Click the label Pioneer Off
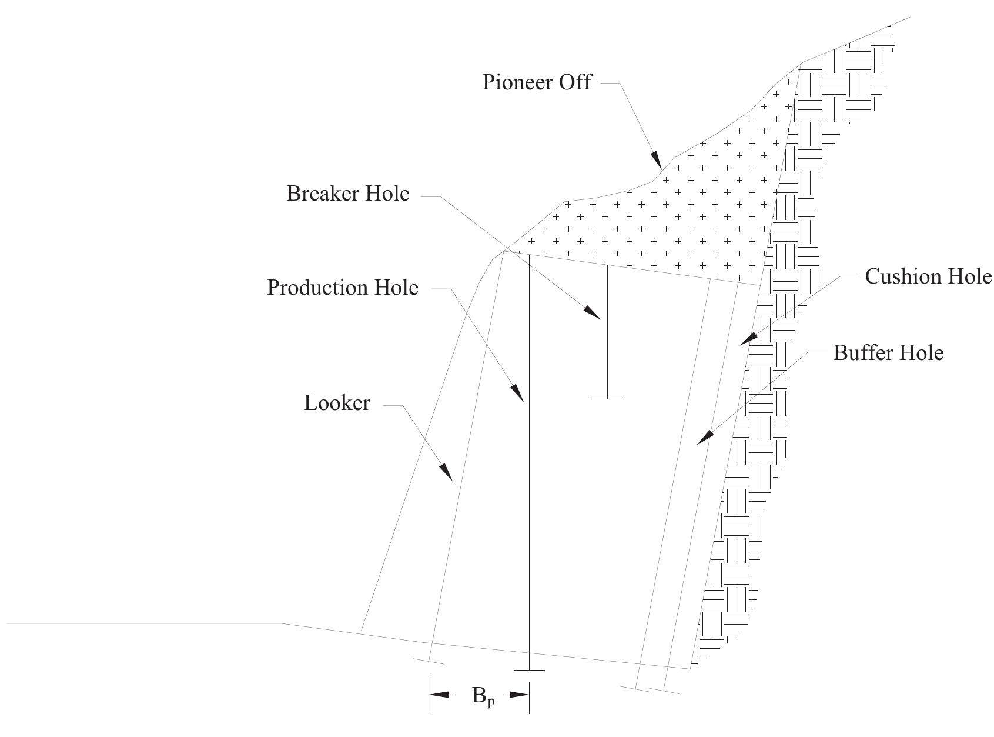coord(537,82)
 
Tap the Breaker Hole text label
coord(347,194)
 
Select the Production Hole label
coord(343,288)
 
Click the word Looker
coord(337,403)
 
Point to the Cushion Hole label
coord(928,276)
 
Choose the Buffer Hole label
coord(888,353)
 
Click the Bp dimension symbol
coord(483,696)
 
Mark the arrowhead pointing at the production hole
coord(517,393)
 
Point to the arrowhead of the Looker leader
coord(446,472)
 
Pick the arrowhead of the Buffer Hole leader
coord(705,438)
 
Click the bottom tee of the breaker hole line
coord(607,399)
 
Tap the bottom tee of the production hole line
coord(529,669)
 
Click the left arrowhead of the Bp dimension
coord(440,695)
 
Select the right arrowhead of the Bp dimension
coord(520,695)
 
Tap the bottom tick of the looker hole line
coord(429,661)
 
